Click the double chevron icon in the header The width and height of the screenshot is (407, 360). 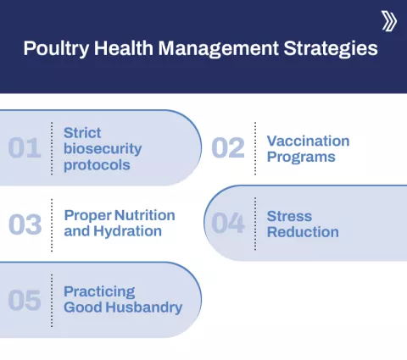pyautogui.click(x=388, y=21)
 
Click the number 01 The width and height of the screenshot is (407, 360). pyautogui.click(x=25, y=148)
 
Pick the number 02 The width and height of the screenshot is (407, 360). pyautogui.click(x=227, y=148)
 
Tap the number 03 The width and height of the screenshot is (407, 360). pyautogui.click(x=25, y=224)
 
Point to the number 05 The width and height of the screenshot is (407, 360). pyautogui.click(x=25, y=300)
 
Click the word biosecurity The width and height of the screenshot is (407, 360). pyautogui.click(x=102, y=149)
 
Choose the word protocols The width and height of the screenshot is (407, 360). pyautogui.click(x=97, y=165)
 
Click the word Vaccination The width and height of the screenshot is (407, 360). pyautogui.click(x=308, y=141)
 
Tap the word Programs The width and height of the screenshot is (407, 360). pyautogui.click(x=300, y=157)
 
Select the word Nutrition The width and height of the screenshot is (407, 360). pyautogui.click(x=142, y=215)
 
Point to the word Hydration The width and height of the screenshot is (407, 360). pyautogui.click(x=127, y=231)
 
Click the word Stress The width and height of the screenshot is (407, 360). pyautogui.click(x=289, y=216)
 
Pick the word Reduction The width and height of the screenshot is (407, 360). pyautogui.click(x=302, y=232)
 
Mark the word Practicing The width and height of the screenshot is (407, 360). pyautogui.click(x=98, y=291)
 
